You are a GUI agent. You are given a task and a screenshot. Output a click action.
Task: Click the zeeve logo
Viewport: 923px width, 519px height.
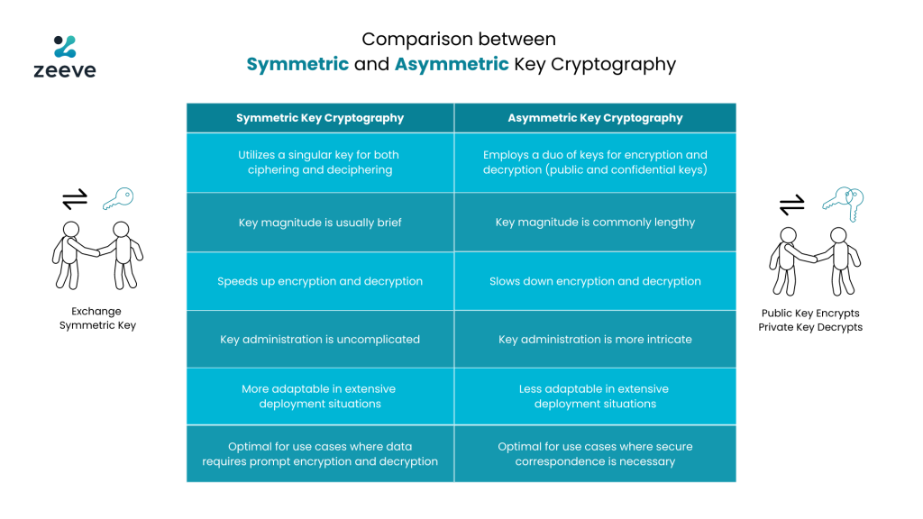[x=65, y=57]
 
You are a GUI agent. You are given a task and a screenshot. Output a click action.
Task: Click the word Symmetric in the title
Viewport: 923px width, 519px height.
[x=297, y=64]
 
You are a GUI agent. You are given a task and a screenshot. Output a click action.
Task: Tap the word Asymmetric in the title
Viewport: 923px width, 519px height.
[x=452, y=64]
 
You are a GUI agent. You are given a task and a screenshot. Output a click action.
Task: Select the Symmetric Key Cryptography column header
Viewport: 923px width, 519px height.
[x=320, y=118]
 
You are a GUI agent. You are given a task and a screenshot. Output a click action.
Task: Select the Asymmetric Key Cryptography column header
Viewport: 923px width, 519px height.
[x=595, y=118]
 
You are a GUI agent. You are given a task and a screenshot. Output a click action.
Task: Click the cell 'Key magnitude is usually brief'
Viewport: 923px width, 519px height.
[x=320, y=223]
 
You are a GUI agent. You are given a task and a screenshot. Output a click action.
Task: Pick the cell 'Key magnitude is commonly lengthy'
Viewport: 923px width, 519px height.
[x=595, y=223]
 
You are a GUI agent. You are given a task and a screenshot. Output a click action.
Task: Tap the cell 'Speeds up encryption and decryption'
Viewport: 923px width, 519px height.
[x=320, y=281]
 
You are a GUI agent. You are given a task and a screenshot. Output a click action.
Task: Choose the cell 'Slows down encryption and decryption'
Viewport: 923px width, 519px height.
[x=595, y=281]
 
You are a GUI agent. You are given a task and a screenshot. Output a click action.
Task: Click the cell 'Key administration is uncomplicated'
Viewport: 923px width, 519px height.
[x=320, y=340]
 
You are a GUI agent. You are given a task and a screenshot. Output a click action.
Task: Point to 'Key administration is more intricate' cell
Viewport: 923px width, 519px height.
[x=595, y=340]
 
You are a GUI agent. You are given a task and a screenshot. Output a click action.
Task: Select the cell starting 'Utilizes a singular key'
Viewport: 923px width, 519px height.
[x=320, y=162]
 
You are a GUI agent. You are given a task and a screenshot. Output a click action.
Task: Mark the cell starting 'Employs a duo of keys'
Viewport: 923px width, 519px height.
[x=595, y=162]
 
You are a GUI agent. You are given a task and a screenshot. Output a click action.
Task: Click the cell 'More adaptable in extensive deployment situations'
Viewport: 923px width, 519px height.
[x=320, y=396]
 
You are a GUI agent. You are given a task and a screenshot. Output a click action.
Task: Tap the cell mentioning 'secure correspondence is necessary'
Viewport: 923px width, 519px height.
[x=595, y=454]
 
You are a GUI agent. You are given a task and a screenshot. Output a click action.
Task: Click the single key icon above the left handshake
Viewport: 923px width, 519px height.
[x=118, y=198]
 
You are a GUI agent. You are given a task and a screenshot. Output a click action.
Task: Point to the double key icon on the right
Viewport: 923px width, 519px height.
[x=844, y=204]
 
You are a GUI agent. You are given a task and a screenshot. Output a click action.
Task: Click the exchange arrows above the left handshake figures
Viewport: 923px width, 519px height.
[x=75, y=199]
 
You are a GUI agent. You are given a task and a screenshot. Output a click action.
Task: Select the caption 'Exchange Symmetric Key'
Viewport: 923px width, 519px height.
[x=97, y=318]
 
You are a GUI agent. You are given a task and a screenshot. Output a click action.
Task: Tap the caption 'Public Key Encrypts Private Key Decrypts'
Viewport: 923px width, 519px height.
[x=810, y=320]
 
